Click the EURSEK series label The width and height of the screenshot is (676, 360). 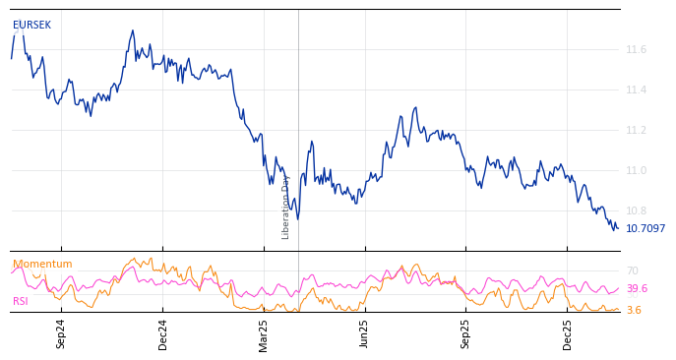31,26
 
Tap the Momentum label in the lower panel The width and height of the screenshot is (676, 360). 42,265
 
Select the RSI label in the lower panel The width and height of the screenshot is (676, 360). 21,301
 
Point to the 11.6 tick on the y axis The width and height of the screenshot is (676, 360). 636,49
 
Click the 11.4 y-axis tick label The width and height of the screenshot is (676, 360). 636,90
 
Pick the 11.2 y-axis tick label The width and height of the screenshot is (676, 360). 636,130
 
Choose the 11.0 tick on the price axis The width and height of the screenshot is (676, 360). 636,170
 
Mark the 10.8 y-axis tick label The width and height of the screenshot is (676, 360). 636,210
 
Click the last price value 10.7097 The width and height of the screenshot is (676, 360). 645,229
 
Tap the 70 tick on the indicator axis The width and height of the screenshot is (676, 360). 632,270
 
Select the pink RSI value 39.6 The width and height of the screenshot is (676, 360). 637,289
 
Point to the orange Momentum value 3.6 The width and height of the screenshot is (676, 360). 634,311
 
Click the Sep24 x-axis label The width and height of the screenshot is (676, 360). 61,333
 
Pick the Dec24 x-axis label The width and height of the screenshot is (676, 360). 163,333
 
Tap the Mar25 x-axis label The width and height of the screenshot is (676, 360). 264,333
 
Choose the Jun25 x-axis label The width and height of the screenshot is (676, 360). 364,333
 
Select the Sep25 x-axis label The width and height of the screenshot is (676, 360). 466,333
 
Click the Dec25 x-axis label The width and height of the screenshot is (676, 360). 568,333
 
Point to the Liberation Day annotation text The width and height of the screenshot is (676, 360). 286,207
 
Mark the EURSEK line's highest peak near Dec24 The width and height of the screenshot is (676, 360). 133,30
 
